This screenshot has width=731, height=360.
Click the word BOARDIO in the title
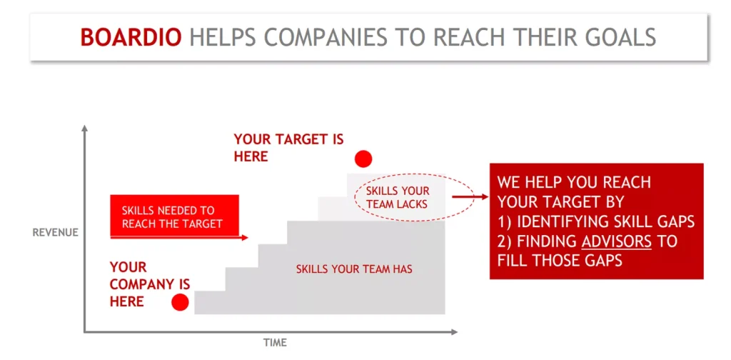pos(131,37)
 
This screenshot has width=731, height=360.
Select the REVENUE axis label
pos(56,232)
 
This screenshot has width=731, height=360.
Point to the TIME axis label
pos(275,343)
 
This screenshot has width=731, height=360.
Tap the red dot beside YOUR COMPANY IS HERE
pos(180,302)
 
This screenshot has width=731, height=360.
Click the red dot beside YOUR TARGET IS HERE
pos(363,159)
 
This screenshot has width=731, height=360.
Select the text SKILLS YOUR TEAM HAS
pos(354,269)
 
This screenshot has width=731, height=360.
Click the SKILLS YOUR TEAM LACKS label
pos(398,198)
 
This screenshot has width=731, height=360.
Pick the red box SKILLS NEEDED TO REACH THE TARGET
pos(174,216)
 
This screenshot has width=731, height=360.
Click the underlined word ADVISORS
pos(616,241)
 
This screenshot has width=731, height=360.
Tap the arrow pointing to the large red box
pos(470,197)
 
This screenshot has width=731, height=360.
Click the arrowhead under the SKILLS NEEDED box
pos(245,238)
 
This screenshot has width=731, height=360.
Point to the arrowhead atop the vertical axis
pos(84,129)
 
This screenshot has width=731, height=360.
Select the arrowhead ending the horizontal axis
pos(453,332)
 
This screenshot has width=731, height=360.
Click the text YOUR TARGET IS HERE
pos(288,148)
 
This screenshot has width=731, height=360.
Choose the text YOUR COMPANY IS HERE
pos(150,284)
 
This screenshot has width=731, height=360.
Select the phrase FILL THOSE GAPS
pos(560,260)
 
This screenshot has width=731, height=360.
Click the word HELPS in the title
pos(223,37)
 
